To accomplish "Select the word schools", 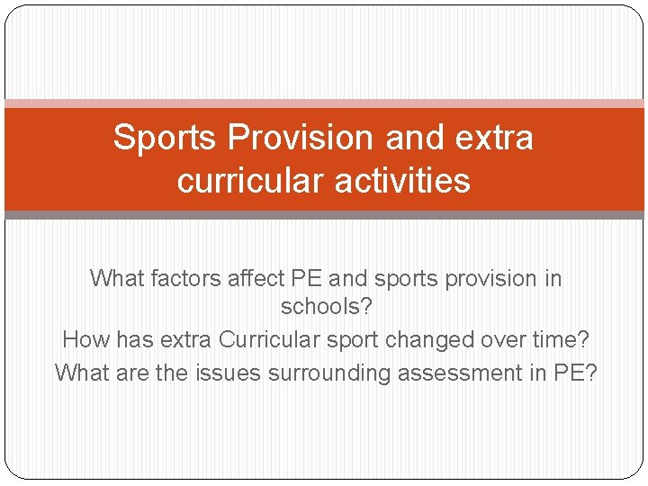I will [x=319, y=307].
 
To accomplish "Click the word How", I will [x=84, y=340].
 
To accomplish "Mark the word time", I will [x=555, y=340].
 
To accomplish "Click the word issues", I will [x=225, y=373].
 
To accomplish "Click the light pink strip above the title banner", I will [x=324, y=103].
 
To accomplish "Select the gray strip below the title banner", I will [x=324, y=215].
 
